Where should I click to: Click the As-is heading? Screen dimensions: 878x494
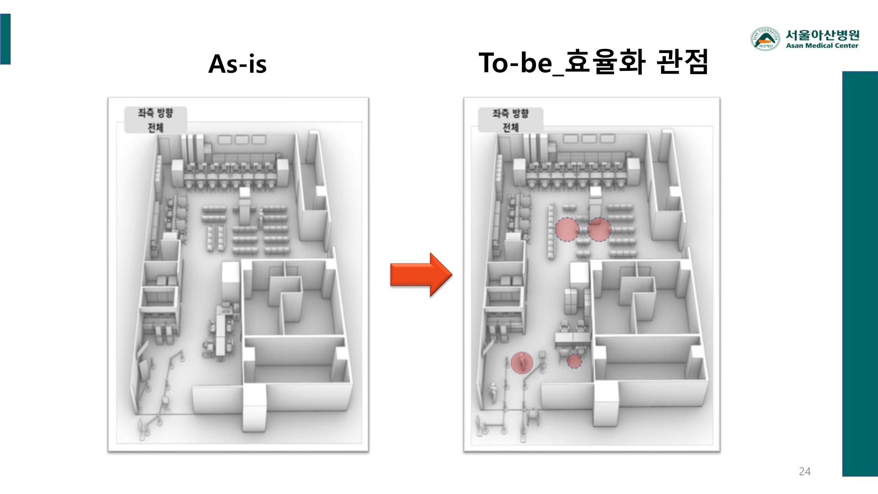(237, 64)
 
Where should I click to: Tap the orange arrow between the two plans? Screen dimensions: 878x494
(421, 275)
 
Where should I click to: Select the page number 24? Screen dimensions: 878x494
(804, 472)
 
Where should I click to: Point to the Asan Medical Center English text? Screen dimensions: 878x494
(822, 46)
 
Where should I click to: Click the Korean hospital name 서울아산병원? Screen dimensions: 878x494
(822, 35)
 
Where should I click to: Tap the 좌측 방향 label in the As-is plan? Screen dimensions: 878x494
(155, 113)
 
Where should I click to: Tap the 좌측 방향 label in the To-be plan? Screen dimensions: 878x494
(510, 113)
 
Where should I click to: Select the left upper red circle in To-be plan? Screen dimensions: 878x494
(567, 230)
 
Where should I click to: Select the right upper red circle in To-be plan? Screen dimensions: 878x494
(599, 230)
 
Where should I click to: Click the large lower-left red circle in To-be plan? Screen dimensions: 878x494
(522, 363)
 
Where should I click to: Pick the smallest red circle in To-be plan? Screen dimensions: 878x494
(574, 361)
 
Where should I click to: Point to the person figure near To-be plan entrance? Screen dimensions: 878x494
(493, 392)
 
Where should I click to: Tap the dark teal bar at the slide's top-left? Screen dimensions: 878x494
(5, 39)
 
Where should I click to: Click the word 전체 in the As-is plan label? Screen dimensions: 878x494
(155, 127)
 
